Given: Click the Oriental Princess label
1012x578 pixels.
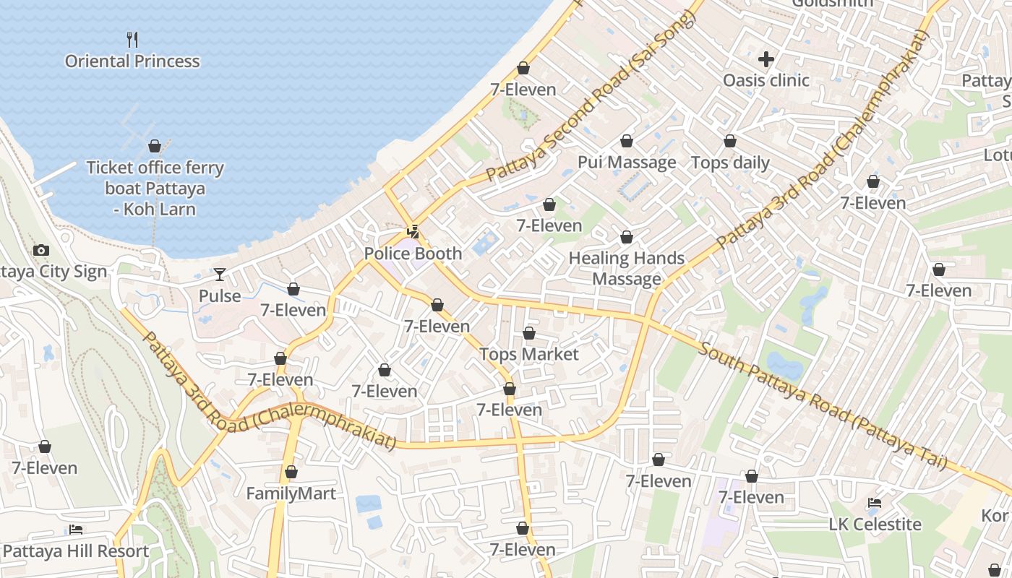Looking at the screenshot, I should pyautogui.click(x=132, y=61).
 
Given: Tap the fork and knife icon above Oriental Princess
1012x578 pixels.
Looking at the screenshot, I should pyautogui.click(x=132, y=38).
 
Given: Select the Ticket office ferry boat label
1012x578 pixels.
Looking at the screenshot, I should pyautogui.click(x=155, y=189).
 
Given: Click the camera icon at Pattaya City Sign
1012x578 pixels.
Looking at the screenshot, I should pyautogui.click(x=41, y=251).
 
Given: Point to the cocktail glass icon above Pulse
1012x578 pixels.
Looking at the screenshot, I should pyautogui.click(x=220, y=275).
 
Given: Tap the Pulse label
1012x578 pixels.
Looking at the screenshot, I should pyautogui.click(x=220, y=296).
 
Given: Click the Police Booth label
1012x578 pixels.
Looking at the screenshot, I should pyautogui.click(x=413, y=254).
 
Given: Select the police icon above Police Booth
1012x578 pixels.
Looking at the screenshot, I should pyautogui.click(x=413, y=232).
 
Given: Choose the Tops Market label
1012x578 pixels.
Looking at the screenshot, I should pyautogui.click(x=529, y=354).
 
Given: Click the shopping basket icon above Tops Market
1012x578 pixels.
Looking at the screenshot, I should pyautogui.click(x=529, y=333).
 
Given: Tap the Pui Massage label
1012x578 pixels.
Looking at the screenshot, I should pyautogui.click(x=627, y=162).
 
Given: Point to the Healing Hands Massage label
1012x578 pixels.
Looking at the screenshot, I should pyautogui.click(x=627, y=268).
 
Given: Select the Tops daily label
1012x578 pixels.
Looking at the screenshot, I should pyautogui.click(x=730, y=163).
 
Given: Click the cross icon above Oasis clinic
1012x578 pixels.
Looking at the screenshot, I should pyautogui.click(x=766, y=59).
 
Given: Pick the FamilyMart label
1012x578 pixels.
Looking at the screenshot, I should pyautogui.click(x=291, y=493).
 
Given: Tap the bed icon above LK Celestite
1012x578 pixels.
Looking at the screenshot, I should pyautogui.click(x=875, y=503).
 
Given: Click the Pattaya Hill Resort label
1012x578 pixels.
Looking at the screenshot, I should pyautogui.click(x=76, y=551).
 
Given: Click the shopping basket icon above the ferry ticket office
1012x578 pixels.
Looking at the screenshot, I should pyautogui.click(x=155, y=147).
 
